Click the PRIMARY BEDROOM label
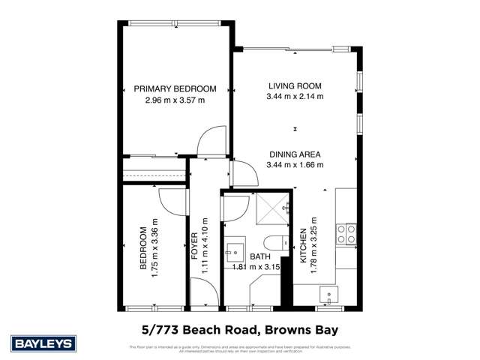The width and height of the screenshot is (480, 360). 175,88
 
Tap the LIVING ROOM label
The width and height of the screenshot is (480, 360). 295,85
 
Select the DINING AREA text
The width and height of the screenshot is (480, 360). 295,154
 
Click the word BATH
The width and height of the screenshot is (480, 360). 260,256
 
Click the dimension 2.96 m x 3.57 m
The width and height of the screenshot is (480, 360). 175,100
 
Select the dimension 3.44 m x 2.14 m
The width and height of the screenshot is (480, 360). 295,96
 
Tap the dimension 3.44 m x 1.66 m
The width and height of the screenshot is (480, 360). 295,165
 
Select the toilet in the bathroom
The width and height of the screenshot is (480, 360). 277,241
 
